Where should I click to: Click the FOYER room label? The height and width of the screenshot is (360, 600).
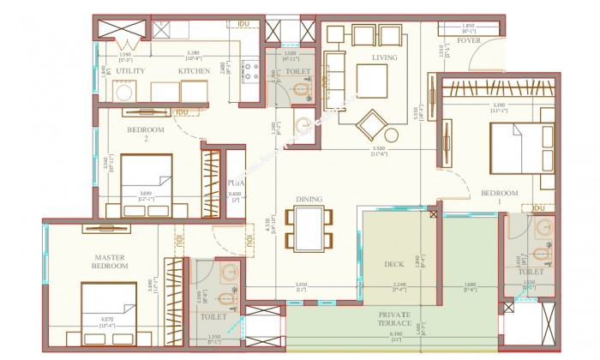click(468, 40)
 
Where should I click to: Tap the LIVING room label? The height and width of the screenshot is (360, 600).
click(384, 58)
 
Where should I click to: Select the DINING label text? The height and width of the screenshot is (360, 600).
click(309, 200)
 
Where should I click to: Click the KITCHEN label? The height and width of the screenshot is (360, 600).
click(195, 71)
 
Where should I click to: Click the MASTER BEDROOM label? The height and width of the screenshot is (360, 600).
click(111, 261)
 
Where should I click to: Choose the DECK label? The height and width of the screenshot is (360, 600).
click(394, 264)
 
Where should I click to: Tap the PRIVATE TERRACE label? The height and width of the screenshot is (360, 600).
click(395, 320)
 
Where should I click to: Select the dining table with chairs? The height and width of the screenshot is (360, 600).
click(309, 227)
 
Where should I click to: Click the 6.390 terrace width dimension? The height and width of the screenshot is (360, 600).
click(395, 333)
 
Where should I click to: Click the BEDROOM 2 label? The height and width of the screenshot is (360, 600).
click(145, 134)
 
